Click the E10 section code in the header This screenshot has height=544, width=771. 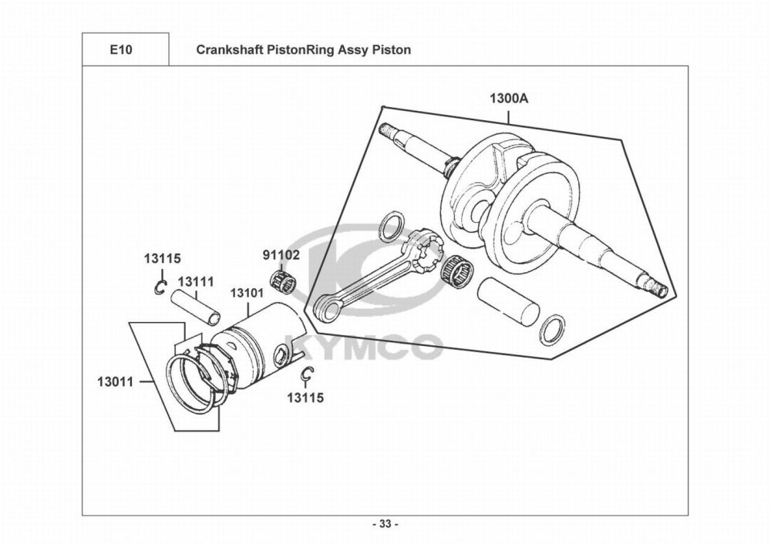click(121, 50)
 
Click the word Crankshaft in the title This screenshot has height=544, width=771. click(228, 50)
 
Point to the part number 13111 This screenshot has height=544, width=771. click(196, 283)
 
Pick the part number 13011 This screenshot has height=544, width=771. click(116, 381)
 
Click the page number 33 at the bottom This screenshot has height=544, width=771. click(385, 525)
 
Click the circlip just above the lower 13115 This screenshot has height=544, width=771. click(306, 374)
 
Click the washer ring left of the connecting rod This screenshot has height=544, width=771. click(392, 228)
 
